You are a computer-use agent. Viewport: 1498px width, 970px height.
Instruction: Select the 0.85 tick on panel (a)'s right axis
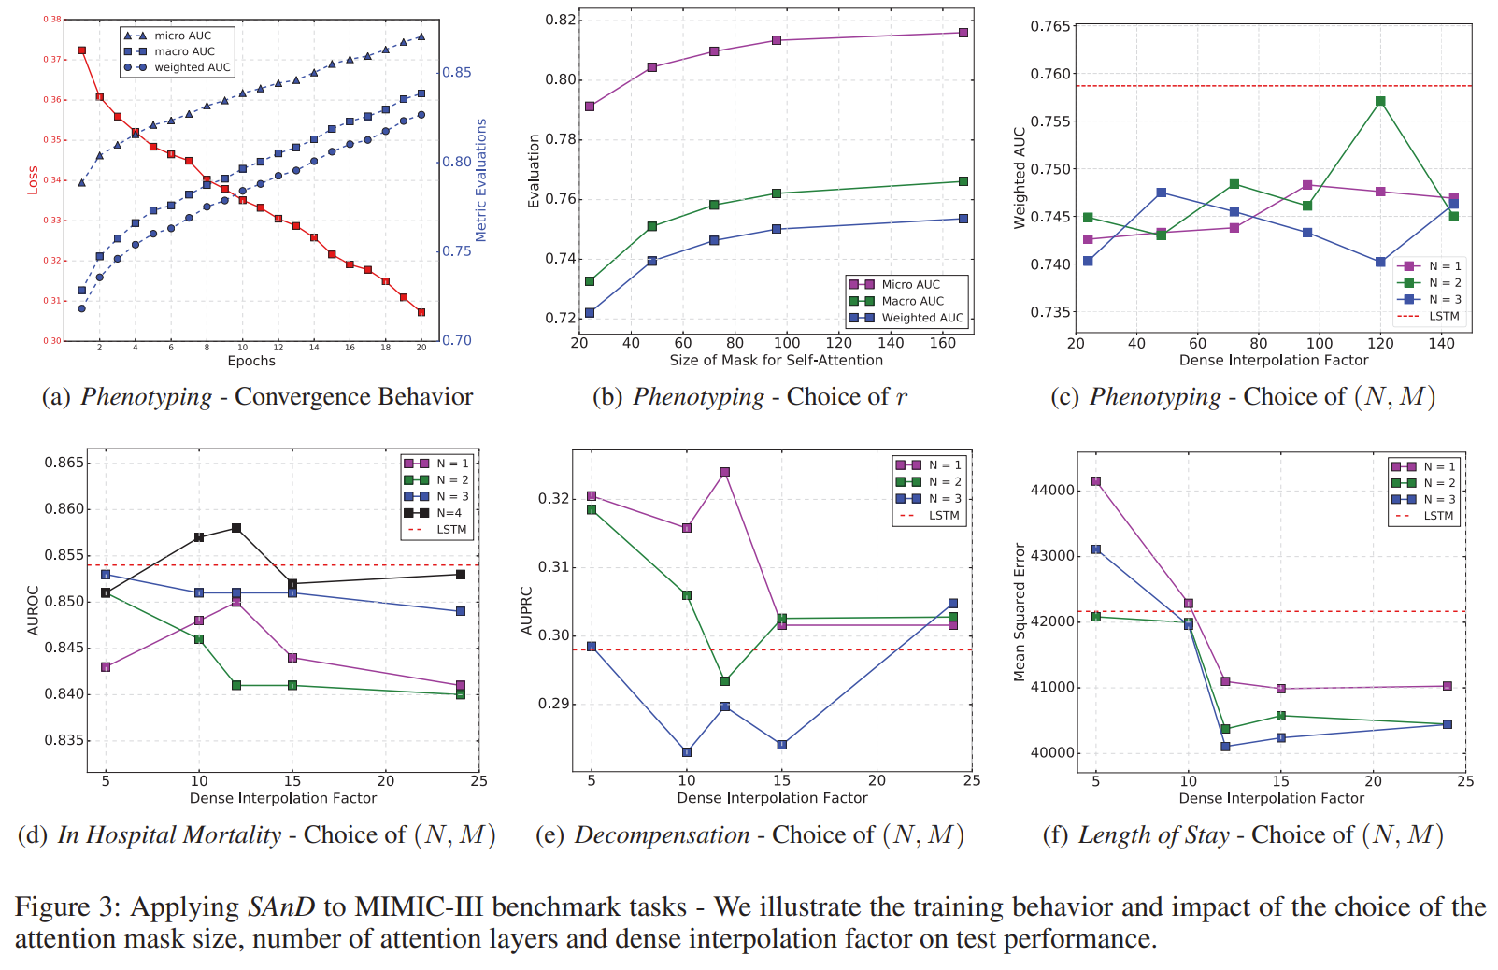pos(457,72)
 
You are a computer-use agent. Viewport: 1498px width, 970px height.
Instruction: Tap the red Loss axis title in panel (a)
pos(33,179)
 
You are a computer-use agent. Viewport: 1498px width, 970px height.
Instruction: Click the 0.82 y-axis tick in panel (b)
pos(561,20)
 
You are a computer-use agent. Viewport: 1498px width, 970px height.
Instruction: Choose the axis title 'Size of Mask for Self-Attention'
pos(776,360)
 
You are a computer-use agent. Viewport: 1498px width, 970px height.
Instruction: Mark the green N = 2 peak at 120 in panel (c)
pos(1380,101)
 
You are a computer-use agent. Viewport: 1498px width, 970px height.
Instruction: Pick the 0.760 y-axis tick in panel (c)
pos(1050,74)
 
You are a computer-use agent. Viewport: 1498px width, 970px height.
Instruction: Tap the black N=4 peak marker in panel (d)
pos(236,528)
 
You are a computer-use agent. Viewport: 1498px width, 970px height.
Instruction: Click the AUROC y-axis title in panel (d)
pos(34,610)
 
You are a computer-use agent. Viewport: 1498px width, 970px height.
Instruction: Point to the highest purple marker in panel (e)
pos(725,472)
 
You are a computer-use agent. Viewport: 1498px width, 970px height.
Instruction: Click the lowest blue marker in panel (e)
pos(687,752)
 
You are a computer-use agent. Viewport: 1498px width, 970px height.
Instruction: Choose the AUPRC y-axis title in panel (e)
pos(526,611)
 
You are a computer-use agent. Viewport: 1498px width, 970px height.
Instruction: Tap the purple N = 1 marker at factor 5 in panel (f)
pos(1096,481)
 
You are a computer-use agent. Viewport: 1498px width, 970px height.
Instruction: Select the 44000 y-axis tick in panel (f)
pos(1051,490)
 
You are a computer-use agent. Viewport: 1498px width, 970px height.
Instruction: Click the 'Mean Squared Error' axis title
pos(1020,612)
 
